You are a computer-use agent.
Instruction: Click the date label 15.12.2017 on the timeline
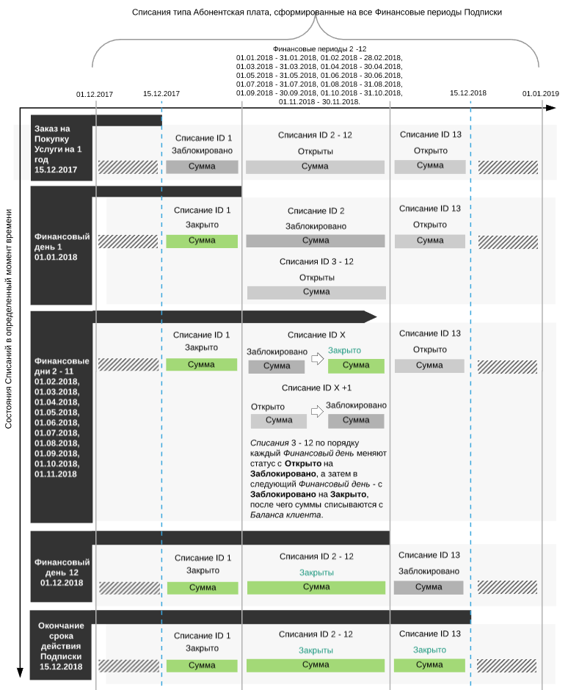(161, 94)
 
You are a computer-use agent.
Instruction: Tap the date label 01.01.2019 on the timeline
(541, 94)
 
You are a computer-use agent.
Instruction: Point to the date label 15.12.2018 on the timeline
(468, 93)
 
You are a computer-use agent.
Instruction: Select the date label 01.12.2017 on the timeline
(95, 95)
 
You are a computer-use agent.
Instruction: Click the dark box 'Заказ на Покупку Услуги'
(62, 149)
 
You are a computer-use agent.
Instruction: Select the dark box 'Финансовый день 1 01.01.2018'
(62, 247)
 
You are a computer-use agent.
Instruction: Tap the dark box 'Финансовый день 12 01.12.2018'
(62, 573)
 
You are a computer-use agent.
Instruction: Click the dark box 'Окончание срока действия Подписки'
(62, 646)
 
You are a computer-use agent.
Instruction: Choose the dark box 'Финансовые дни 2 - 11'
(62, 417)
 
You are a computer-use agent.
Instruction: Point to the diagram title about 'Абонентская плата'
(317, 12)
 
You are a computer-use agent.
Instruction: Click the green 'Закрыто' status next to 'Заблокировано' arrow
(344, 351)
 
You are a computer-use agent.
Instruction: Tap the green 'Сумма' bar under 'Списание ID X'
(356, 366)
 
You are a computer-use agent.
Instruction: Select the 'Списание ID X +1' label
(316, 388)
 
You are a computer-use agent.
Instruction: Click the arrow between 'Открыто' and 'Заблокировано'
(317, 412)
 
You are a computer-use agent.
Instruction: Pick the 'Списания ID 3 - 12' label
(316, 262)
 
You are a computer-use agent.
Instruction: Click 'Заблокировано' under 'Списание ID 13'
(429, 571)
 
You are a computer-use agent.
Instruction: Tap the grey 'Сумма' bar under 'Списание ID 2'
(316, 241)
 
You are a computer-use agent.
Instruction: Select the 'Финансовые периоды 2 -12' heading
(319, 48)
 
